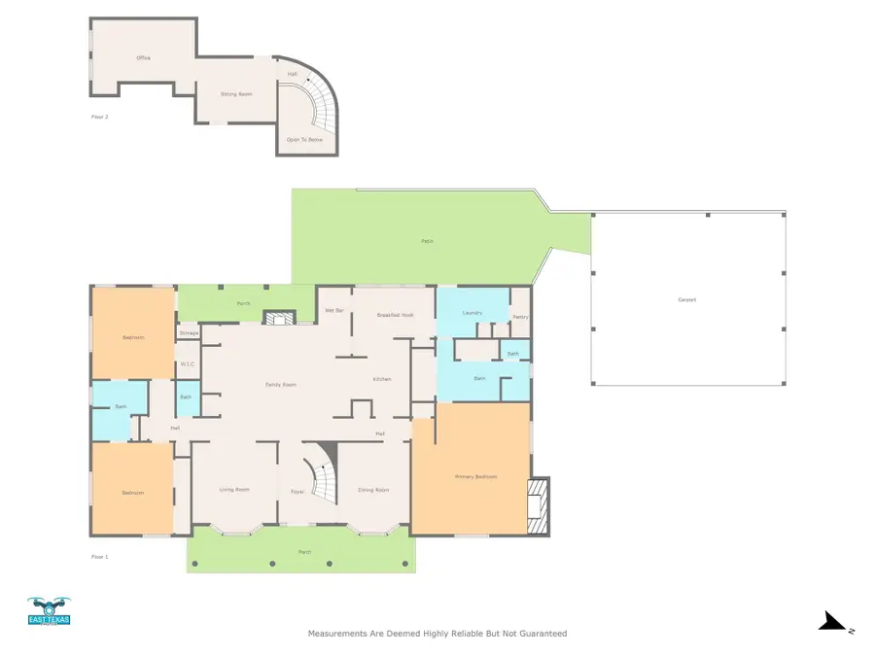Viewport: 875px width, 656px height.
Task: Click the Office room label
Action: (x=143, y=58)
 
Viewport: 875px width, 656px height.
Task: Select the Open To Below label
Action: (x=304, y=140)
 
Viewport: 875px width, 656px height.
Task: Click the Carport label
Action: (x=687, y=299)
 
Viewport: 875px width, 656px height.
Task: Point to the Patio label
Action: (x=427, y=241)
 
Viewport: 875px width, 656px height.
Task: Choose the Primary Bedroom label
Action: (x=476, y=477)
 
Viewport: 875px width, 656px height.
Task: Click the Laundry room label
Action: (x=472, y=313)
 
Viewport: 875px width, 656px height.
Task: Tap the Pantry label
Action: (x=520, y=317)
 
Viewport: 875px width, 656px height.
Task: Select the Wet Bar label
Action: (x=333, y=310)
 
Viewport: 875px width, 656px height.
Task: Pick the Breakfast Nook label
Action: (x=396, y=315)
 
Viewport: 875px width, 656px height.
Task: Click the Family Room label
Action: (x=281, y=385)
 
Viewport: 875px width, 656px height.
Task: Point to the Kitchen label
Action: (x=382, y=379)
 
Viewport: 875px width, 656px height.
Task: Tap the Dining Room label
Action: (x=373, y=490)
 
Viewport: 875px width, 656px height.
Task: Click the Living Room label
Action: (x=234, y=490)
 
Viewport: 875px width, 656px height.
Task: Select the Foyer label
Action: (x=297, y=492)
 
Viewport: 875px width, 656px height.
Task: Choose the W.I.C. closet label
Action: (x=189, y=365)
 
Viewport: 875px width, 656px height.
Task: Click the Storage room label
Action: (x=189, y=333)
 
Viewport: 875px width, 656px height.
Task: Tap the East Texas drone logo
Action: (x=49, y=610)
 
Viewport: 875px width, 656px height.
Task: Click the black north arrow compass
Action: (x=833, y=622)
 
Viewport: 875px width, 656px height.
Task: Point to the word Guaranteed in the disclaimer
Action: (x=535, y=634)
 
